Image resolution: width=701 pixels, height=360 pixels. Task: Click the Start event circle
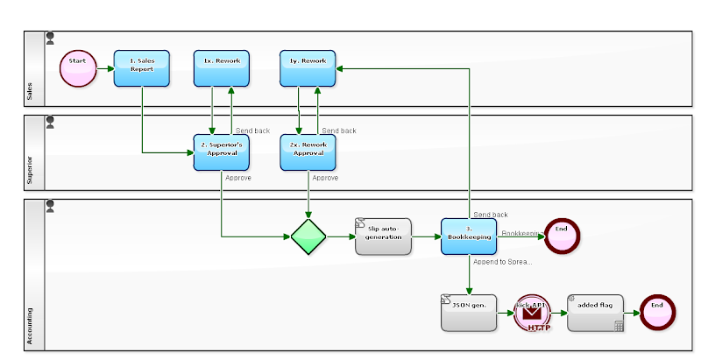click(77, 68)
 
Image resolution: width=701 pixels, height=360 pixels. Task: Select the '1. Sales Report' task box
click(141, 68)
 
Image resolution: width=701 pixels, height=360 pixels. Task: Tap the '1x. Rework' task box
click(222, 68)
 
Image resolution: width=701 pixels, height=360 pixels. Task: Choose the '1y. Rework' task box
click(308, 68)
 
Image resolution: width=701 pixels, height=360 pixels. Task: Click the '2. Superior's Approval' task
click(222, 152)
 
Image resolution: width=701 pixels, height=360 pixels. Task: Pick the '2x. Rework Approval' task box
click(308, 152)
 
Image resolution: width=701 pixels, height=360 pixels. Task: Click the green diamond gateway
click(308, 236)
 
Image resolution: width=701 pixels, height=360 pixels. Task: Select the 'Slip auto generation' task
click(383, 236)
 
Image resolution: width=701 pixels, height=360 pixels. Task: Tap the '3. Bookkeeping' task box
click(469, 236)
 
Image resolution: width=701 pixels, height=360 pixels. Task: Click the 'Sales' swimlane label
click(31, 92)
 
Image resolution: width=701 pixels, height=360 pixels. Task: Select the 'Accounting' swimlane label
click(31, 324)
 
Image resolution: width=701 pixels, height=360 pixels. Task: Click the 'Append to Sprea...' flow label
click(502, 262)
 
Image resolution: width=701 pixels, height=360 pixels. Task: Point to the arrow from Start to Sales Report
click(103, 68)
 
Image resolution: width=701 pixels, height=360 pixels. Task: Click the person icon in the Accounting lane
click(50, 207)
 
